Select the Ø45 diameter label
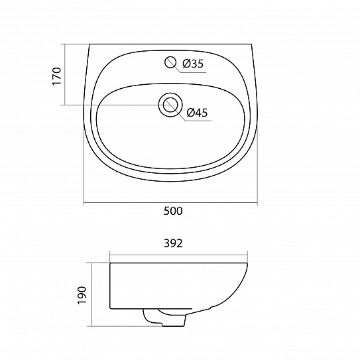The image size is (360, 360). pos(197,113)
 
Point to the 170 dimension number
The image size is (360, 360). pos(57,76)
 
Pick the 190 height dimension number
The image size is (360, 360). pos(82,294)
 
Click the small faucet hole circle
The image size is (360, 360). pos(171,63)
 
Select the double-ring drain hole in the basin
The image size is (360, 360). pos(170,105)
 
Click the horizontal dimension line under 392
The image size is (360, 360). pos(179,254)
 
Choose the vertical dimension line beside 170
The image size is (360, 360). pos(65,74)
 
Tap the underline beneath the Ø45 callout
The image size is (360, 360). pos(197,120)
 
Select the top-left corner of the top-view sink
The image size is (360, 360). pos(89,45)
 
